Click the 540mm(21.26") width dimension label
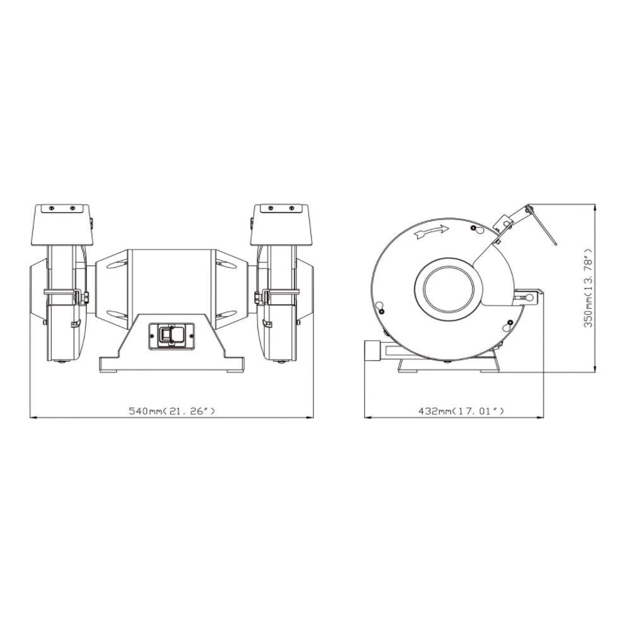tap(172, 411)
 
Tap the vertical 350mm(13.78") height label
tap(589, 288)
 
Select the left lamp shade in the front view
tap(62, 225)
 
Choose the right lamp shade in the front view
tap(281, 225)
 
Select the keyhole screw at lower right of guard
tap(509, 326)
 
